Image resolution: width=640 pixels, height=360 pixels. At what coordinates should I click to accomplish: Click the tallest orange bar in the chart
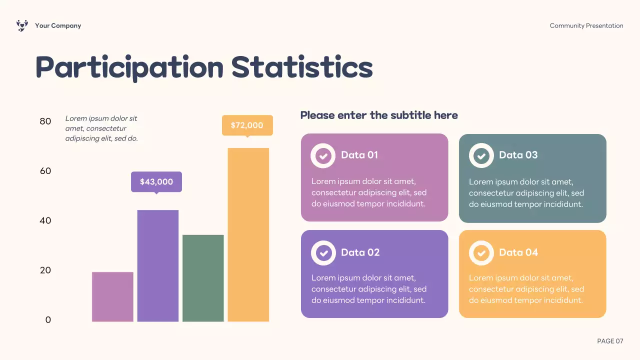[x=248, y=234]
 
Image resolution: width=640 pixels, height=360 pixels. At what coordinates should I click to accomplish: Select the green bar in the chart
[x=203, y=278]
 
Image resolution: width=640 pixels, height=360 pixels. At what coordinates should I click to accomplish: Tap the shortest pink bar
[x=112, y=296]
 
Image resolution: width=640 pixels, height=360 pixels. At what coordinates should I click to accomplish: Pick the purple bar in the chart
[x=158, y=265]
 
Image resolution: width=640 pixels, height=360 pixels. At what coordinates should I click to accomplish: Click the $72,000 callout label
[x=247, y=125]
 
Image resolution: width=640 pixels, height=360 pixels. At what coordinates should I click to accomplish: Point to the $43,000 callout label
[x=156, y=182]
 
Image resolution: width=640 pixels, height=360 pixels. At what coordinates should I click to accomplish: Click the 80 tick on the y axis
[x=45, y=121]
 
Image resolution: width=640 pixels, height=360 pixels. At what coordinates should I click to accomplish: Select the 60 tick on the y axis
[x=45, y=171]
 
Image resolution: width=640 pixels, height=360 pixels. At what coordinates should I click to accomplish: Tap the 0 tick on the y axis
[x=48, y=320]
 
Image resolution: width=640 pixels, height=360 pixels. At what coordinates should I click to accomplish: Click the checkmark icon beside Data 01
[x=323, y=156]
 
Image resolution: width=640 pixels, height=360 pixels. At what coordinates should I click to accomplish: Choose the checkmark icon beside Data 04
[x=481, y=253]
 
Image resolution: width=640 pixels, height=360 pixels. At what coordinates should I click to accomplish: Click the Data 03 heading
[x=518, y=155]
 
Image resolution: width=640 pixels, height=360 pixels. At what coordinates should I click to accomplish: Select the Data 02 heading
[x=360, y=252]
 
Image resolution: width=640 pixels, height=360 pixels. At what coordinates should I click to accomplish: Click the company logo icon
[x=22, y=25]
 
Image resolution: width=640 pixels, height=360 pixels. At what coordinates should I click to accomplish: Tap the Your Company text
[x=58, y=25]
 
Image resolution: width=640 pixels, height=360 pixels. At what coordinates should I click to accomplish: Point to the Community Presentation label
[x=586, y=25]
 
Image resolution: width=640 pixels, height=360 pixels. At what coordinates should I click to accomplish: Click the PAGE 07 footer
[x=610, y=341]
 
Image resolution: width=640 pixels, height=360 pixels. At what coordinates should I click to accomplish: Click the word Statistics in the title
[x=302, y=67]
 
